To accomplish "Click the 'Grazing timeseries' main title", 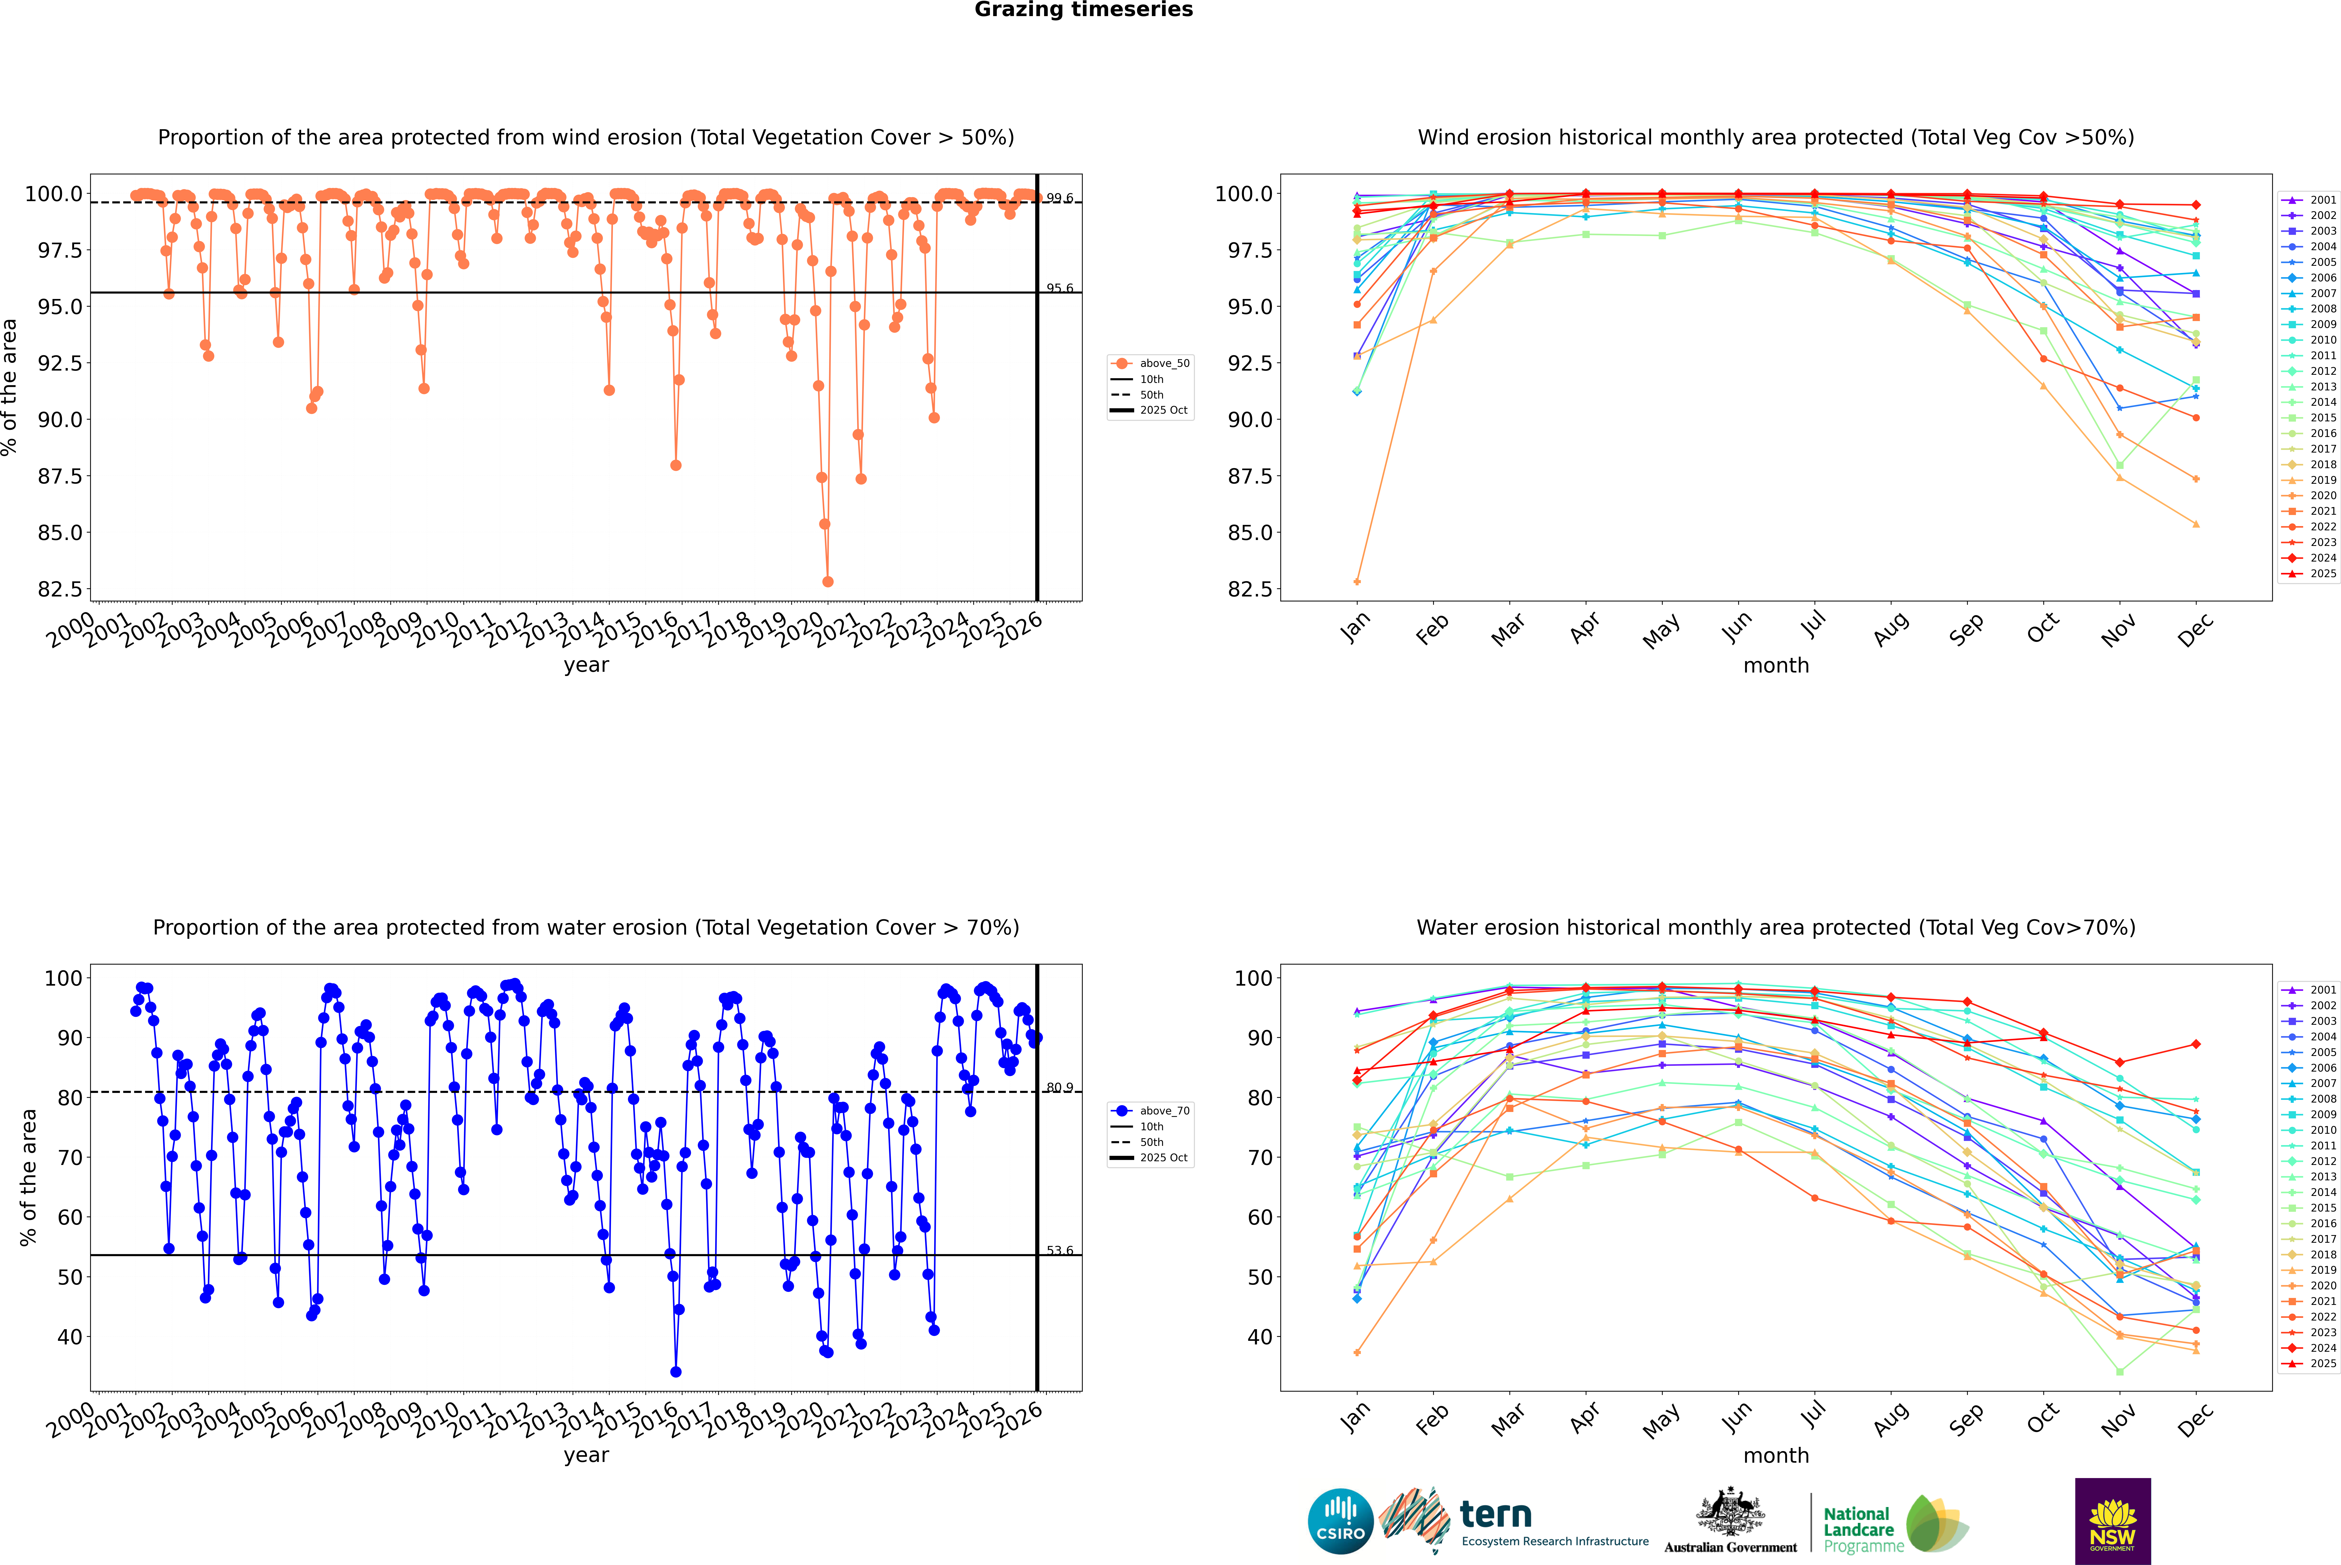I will (1084, 10).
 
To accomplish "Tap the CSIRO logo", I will (1340, 1521).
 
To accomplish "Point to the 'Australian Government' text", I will (1730, 1547).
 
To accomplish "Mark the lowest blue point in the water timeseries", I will (676, 1371).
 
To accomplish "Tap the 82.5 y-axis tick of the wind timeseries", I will (60, 589).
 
